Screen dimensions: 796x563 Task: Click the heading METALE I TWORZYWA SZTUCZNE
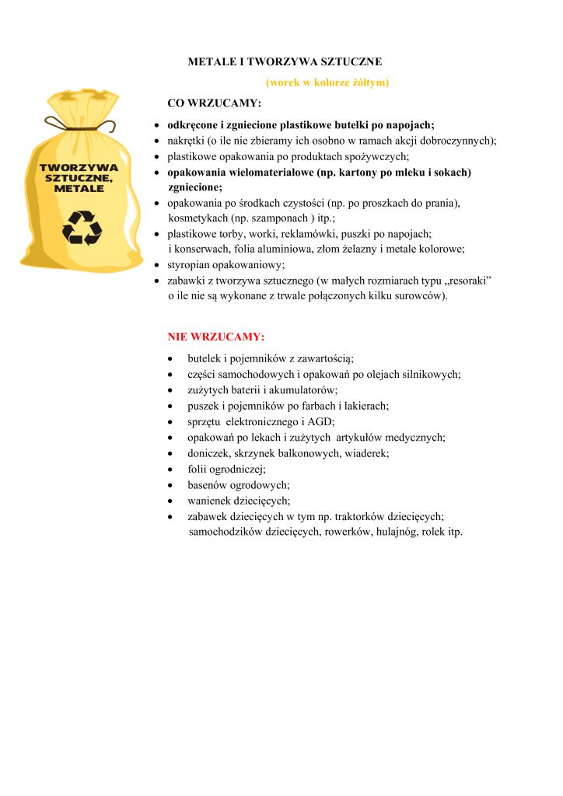(x=285, y=61)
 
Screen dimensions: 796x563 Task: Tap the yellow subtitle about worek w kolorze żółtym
(x=327, y=82)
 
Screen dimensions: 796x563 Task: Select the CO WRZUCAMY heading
(x=215, y=103)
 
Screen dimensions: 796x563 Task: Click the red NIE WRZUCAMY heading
(x=216, y=337)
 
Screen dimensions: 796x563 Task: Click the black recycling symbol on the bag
(x=82, y=226)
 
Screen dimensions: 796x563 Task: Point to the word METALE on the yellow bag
(x=79, y=189)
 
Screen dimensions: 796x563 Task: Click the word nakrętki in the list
(x=187, y=141)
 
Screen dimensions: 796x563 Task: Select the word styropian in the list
(x=187, y=264)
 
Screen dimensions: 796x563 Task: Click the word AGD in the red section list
(x=322, y=421)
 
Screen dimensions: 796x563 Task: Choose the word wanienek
(x=209, y=501)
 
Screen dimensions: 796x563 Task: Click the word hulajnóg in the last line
(x=395, y=532)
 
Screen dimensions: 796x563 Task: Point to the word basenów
(x=207, y=484)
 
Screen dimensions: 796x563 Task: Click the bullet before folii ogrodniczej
(x=171, y=469)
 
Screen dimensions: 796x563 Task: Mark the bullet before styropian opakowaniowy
(x=157, y=264)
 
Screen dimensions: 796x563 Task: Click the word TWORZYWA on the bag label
(x=79, y=167)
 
